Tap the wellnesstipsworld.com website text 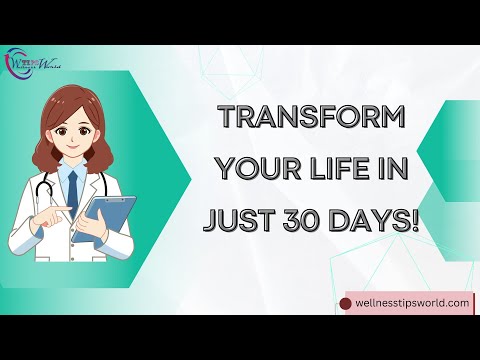point(411,301)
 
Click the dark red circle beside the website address point(347,301)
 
